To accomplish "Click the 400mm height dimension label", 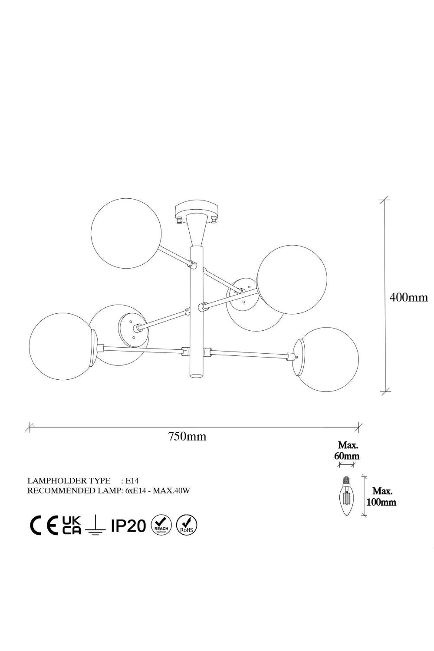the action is (x=408, y=298).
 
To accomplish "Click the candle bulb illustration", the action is (x=346, y=496).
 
